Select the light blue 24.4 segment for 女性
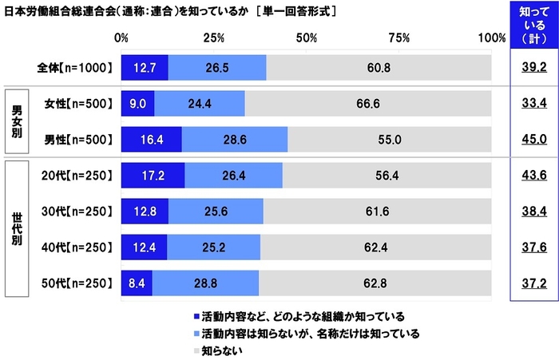(199, 104)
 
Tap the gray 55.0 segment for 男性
(389, 139)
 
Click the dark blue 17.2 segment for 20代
(153, 176)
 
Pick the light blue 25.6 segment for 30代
(216, 211)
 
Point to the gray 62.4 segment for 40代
(375, 247)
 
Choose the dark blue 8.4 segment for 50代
(137, 282)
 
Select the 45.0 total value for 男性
(528, 139)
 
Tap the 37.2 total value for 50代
(528, 282)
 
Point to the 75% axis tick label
(398, 38)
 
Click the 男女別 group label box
(16, 121)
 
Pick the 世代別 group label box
(16, 229)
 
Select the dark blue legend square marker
(186, 316)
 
